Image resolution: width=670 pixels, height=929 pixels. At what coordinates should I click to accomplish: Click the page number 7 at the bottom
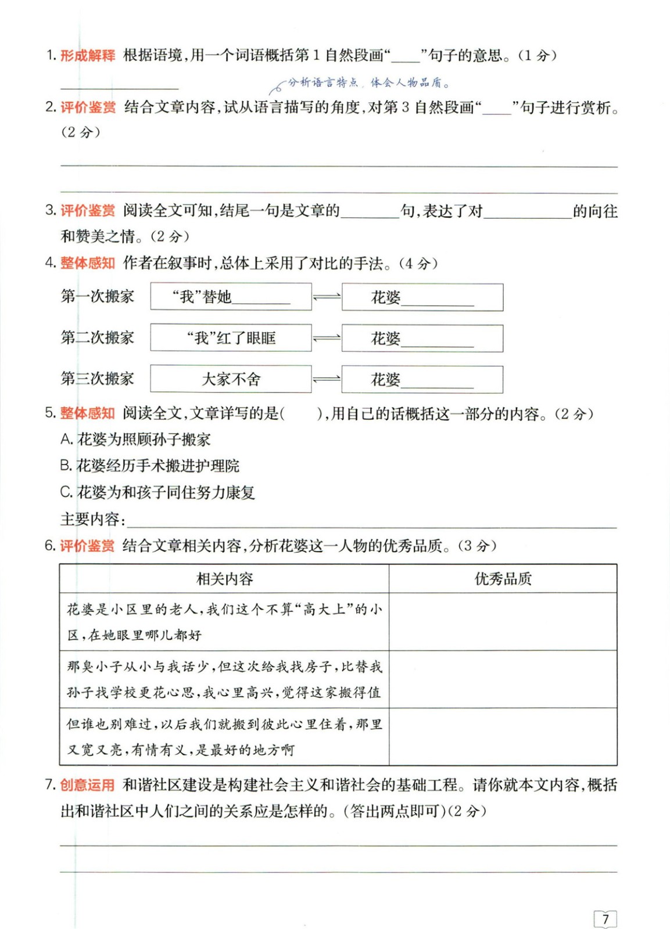point(605,919)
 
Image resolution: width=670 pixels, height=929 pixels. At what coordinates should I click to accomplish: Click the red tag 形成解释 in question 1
point(88,56)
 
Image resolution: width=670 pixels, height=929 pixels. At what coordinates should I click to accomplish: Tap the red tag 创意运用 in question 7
point(88,785)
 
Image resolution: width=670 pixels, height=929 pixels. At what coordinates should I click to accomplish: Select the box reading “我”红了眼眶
point(231,338)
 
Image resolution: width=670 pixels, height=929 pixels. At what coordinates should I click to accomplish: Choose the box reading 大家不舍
point(231,379)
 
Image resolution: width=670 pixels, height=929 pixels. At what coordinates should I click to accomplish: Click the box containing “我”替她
point(231,297)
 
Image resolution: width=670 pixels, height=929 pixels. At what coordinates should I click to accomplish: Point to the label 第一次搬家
point(98,297)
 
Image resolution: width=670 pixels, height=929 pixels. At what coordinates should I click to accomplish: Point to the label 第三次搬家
point(98,379)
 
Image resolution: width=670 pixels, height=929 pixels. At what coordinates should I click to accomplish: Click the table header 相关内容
point(224,578)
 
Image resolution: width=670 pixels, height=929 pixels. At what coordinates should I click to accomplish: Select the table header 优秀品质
point(503,578)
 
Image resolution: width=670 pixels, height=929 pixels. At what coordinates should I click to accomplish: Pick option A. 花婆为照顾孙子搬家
point(135,440)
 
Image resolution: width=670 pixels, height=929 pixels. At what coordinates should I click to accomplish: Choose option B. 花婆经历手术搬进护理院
point(150,466)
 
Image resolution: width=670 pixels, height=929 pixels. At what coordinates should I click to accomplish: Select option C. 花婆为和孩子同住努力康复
point(157,492)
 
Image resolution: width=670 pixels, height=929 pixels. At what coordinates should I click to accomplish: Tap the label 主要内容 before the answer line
point(92,519)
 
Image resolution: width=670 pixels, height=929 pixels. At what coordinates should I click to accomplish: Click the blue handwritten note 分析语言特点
point(323,82)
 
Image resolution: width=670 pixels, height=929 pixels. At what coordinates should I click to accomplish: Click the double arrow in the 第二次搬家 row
point(327,338)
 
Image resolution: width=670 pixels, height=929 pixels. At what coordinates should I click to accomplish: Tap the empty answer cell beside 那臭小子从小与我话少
point(503,679)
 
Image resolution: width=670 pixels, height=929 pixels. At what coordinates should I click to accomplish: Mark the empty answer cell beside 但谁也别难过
point(503,736)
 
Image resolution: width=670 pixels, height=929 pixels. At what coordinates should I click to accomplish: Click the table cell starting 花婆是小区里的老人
point(224,621)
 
